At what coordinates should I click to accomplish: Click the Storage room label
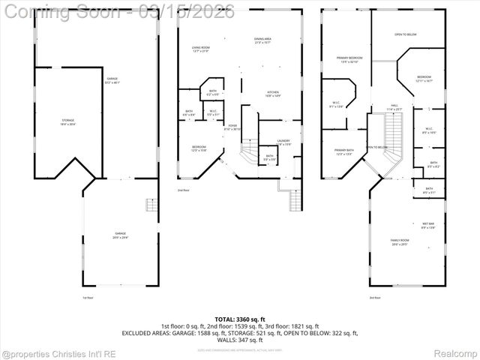52,121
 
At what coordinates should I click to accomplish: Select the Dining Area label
262,40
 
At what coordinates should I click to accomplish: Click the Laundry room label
283,142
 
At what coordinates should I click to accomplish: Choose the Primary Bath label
344,151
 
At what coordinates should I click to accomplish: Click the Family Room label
399,241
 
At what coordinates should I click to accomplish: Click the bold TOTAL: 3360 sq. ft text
240,319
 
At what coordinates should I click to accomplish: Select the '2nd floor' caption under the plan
183,190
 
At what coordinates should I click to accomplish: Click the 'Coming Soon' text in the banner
62,11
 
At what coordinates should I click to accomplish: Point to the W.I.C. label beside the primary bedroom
336,104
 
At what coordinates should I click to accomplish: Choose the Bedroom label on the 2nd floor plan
198,148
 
